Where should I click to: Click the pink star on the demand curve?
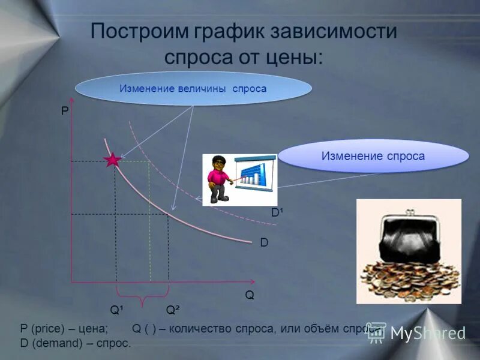click(x=112, y=160)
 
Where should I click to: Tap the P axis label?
click(x=65, y=111)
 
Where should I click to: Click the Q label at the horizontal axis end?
click(x=249, y=295)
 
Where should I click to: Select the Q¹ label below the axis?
click(x=117, y=310)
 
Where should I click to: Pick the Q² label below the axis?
click(x=173, y=310)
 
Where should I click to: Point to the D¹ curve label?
click(x=277, y=213)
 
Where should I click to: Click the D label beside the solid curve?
click(x=264, y=243)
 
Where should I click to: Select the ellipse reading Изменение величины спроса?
click(x=193, y=89)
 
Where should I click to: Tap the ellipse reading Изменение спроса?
click(x=373, y=156)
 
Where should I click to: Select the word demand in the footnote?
click(x=53, y=343)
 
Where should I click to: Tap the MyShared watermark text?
click(x=427, y=333)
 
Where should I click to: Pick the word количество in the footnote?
click(x=202, y=329)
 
